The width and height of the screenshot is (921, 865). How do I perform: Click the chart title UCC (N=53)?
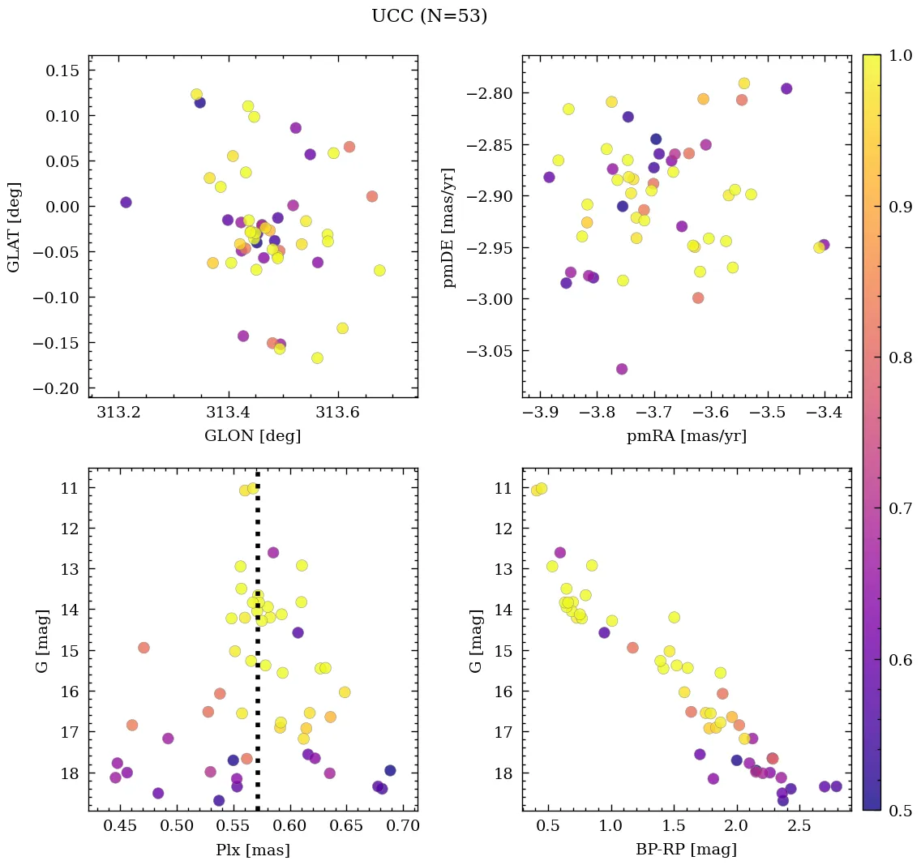point(430,16)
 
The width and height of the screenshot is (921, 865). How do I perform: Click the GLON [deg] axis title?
point(253,436)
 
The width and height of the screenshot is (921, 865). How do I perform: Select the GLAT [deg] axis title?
point(14,226)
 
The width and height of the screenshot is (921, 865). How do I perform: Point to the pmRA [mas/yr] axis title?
point(687,436)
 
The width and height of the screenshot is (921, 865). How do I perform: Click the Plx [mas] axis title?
point(253,850)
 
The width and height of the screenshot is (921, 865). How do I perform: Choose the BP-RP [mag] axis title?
point(687,850)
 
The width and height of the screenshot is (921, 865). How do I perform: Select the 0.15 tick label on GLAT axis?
point(62,71)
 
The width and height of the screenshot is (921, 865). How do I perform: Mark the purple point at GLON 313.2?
point(126,203)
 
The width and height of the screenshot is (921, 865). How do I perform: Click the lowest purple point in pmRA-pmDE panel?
point(622,369)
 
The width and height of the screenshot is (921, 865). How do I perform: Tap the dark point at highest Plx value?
point(390,770)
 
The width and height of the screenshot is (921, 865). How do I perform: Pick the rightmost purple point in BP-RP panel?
point(836,786)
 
